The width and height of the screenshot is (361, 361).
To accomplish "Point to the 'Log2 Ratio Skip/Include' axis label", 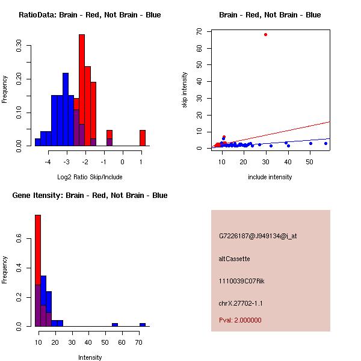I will point(90,177).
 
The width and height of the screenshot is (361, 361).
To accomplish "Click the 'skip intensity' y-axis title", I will point(185,90).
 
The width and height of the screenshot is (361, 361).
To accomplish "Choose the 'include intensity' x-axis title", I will point(270,177).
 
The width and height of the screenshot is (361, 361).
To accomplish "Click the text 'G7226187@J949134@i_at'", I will point(258,236).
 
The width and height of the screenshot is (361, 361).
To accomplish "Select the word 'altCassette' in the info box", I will point(235,259).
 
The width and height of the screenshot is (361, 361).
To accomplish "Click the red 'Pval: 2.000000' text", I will point(240,320).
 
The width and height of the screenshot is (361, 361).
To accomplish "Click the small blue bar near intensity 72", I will point(143,324).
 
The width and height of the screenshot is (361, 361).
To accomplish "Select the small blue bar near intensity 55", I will point(114,324).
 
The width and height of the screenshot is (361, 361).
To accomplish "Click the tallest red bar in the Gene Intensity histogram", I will point(38,271).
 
